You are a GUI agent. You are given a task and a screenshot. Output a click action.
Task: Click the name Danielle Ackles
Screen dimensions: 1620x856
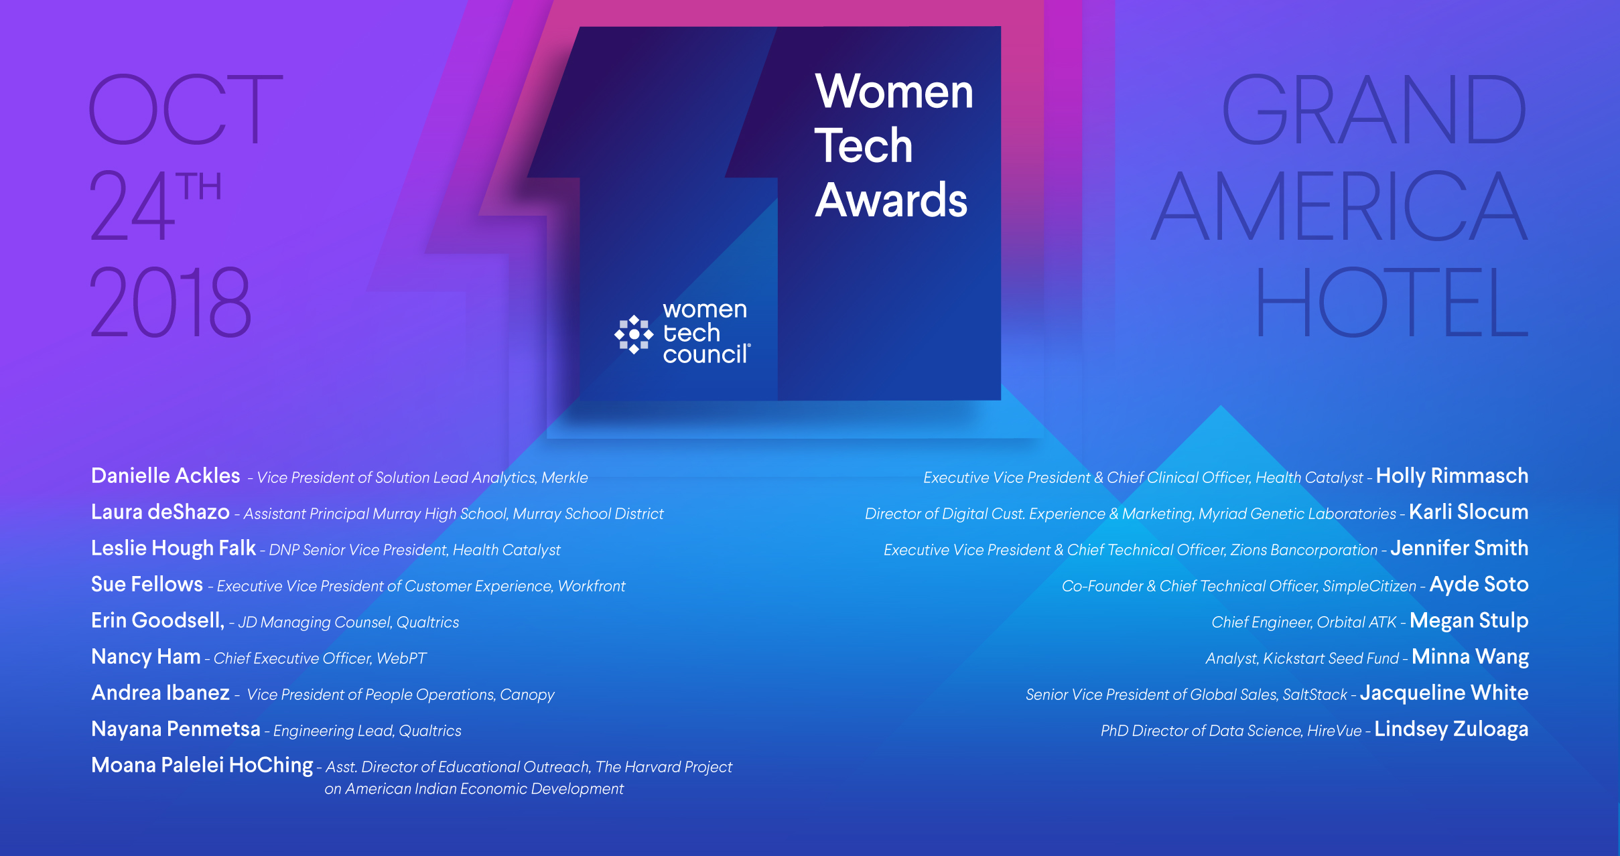pyautogui.click(x=165, y=476)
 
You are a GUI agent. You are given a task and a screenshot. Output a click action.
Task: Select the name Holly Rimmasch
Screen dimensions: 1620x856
pyautogui.click(x=1452, y=476)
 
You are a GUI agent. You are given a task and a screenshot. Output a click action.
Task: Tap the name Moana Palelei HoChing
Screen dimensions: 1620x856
pyautogui.click(x=202, y=765)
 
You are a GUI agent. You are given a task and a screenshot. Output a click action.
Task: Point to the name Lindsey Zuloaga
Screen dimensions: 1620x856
pyautogui.click(x=1451, y=729)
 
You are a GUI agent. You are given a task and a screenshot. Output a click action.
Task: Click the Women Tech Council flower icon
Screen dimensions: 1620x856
pyautogui.click(x=634, y=334)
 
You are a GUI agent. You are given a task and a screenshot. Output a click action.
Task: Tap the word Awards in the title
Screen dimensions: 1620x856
pyautogui.click(x=891, y=200)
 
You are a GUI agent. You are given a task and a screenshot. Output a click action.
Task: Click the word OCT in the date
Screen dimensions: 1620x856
pyautogui.click(x=186, y=109)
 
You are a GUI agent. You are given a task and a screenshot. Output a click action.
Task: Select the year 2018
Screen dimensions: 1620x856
pyautogui.click(x=171, y=301)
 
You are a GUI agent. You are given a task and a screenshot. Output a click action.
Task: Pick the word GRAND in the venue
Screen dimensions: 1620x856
pyautogui.click(x=1374, y=109)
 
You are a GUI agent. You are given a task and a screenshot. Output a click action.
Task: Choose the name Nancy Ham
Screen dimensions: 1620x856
pyautogui.click(x=146, y=656)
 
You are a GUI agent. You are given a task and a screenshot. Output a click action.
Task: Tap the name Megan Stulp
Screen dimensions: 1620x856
pyautogui.click(x=1469, y=621)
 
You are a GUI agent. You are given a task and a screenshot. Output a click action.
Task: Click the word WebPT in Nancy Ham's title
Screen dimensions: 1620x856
pyautogui.click(x=401, y=658)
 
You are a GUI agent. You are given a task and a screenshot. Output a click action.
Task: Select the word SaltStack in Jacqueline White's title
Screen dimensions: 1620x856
pyautogui.click(x=1314, y=695)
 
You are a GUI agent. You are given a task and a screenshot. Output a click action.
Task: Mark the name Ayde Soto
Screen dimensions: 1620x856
pyautogui.click(x=1479, y=585)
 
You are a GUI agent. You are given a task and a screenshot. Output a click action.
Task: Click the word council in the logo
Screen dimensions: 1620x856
pyautogui.click(x=705, y=354)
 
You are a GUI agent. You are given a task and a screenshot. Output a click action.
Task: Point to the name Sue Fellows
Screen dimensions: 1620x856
pyautogui.click(x=147, y=584)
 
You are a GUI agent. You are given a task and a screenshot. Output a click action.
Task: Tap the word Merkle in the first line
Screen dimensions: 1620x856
pyautogui.click(x=564, y=478)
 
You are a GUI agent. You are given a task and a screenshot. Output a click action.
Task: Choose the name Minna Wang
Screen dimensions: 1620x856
pyautogui.click(x=1470, y=657)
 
